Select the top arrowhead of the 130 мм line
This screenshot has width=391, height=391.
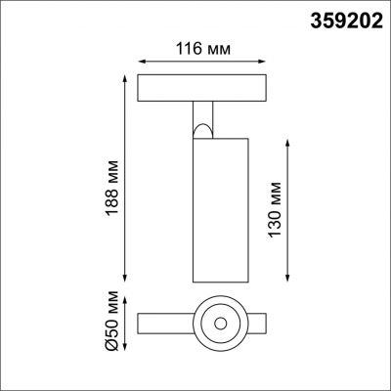tap(286, 139)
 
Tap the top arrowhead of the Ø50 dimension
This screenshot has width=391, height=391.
tap(128, 297)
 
